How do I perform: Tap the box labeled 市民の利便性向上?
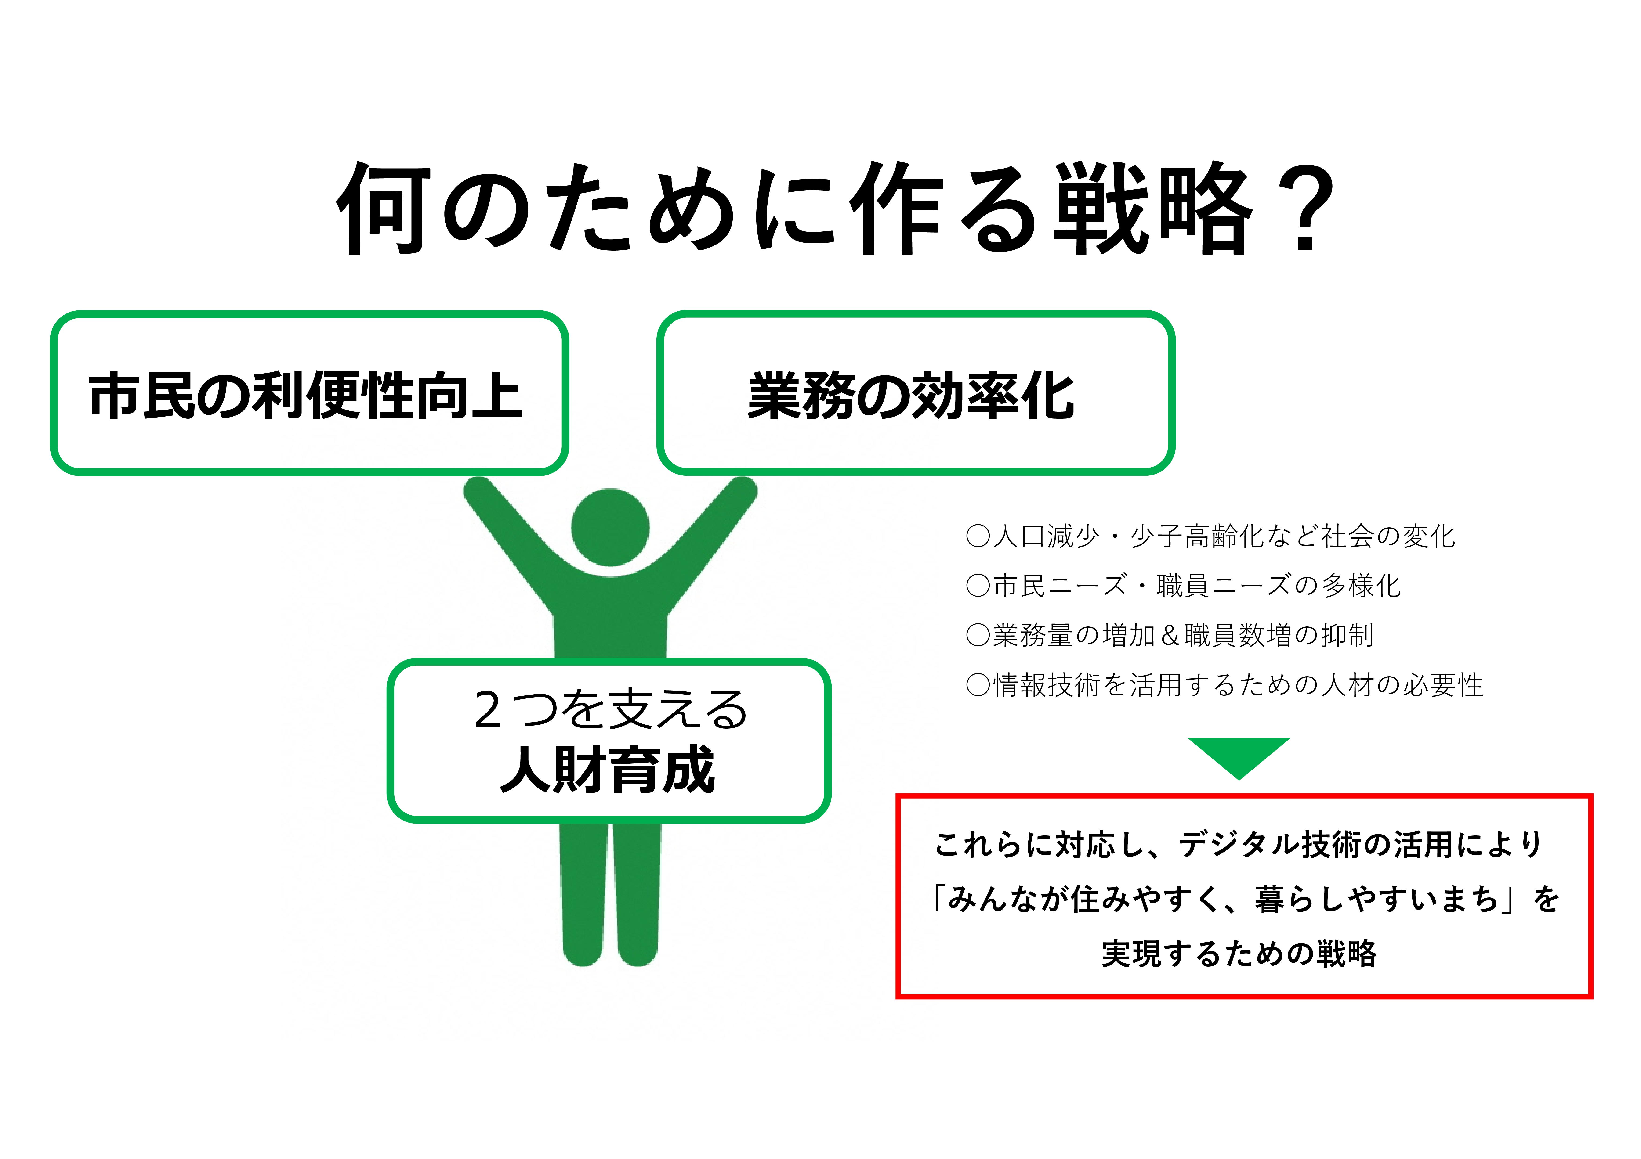pyautogui.click(x=309, y=393)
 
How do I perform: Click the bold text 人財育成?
pyautogui.click(x=608, y=770)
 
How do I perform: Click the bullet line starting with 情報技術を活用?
pyautogui.click(x=1224, y=684)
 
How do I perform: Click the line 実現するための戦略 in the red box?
pyautogui.click(x=1239, y=953)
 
